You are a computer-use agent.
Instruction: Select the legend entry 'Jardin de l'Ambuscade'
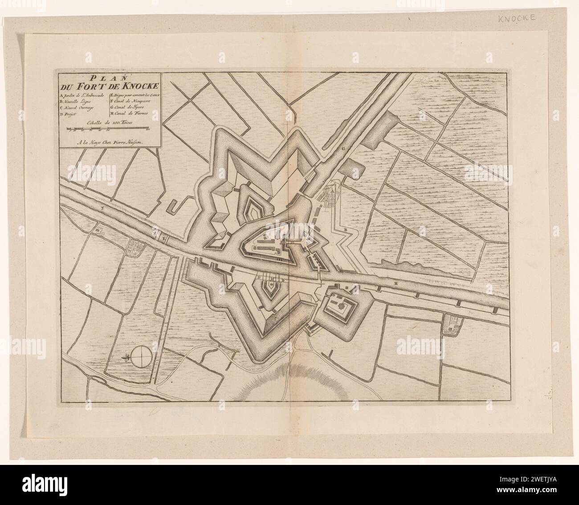coord(82,96)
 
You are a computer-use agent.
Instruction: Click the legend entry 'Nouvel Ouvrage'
coord(81,108)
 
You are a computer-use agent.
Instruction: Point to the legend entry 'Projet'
coord(71,115)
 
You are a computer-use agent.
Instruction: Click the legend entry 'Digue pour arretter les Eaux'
coord(133,96)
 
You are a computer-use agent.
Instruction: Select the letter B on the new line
coord(345,229)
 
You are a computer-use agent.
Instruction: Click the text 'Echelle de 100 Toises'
coord(107,124)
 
